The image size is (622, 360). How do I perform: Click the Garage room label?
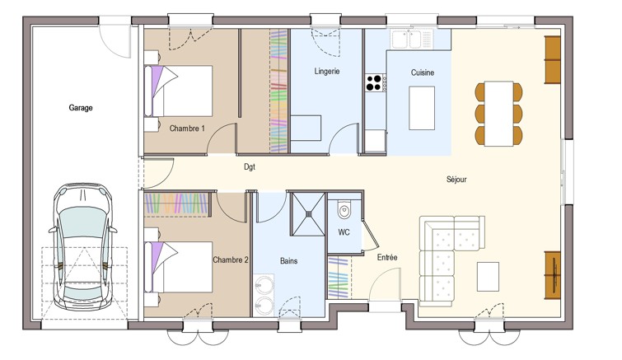tap(81, 107)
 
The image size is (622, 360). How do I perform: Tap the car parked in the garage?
tap(83, 246)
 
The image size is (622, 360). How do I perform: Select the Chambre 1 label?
tap(187, 129)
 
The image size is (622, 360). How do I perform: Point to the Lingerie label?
tap(327, 72)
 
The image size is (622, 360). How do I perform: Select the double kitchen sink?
tap(407, 40)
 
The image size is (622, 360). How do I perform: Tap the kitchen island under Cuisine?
tap(422, 108)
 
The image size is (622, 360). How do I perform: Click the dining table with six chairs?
tap(498, 114)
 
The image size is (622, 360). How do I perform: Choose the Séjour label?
tap(456, 180)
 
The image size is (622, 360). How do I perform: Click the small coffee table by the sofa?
tap(488, 276)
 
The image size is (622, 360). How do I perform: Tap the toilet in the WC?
tap(344, 209)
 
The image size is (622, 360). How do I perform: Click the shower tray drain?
tap(308, 213)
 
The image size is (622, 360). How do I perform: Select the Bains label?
tap(289, 261)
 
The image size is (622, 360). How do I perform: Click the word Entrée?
tap(387, 257)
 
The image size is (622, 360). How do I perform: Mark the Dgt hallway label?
tap(250, 167)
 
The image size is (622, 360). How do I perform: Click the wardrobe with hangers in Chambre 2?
tap(177, 204)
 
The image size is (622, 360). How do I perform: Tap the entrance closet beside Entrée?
tap(339, 277)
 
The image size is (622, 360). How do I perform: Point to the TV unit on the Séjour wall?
tap(552, 275)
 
